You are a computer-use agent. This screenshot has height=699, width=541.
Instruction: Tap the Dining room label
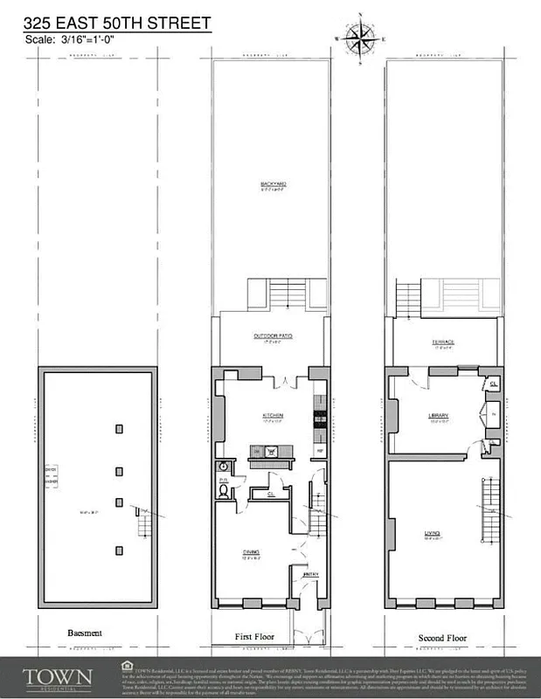[x=250, y=552]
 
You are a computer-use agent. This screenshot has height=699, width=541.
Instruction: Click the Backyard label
[x=274, y=183]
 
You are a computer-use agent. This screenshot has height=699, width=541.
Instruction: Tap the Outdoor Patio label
[x=271, y=336]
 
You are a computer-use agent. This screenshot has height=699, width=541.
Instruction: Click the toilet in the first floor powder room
[x=224, y=490]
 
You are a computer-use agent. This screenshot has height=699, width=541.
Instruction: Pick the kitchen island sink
[x=272, y=452]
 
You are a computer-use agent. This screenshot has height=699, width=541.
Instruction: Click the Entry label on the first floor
[x=309, y=573]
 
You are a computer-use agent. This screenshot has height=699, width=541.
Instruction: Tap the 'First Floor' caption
[x=255, y=636]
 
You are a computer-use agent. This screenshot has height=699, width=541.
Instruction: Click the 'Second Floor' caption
[x=443, y=636]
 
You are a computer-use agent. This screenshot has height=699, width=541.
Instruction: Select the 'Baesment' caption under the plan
[x=85, y=633]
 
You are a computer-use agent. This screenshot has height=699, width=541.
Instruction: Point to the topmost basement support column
[x=118, y=429]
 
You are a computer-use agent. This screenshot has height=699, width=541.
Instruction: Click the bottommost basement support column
[x=118, y=549]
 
